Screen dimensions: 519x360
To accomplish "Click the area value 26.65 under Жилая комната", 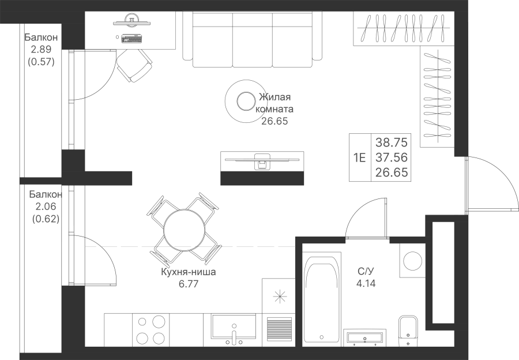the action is pos(274,121).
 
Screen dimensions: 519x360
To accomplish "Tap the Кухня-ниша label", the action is pos(188,272).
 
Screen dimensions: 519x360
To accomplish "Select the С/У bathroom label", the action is pos(366,272).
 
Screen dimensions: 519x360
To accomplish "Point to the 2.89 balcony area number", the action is pos(41,50).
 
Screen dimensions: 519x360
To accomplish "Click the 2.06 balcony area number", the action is pos(46,207).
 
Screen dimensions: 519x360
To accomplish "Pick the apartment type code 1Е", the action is pos(359,157).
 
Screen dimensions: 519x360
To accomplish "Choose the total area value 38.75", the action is pos(391,142).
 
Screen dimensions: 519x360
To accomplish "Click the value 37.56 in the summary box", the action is pos(391,157).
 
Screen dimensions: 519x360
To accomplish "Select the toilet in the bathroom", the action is pos(408,330).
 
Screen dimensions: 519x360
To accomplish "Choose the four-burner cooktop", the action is pos(151,330).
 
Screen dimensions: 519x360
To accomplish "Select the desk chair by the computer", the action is pos(134,65).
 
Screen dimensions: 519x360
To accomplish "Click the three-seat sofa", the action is pos(252,39).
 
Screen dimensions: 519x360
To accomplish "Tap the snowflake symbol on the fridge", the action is pos(280,296).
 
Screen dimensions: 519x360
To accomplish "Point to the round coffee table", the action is pos(245,102).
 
